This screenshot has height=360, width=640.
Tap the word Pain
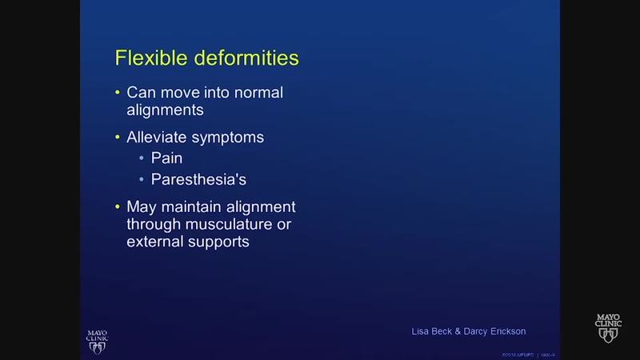point(166,158)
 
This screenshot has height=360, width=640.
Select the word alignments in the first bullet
point(166,110)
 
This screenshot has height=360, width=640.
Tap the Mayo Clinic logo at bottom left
point(98,339)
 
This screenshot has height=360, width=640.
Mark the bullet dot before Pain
point(142,159)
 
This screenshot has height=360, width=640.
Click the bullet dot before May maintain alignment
point(118,207)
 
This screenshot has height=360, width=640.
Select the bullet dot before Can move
point(118,93)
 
